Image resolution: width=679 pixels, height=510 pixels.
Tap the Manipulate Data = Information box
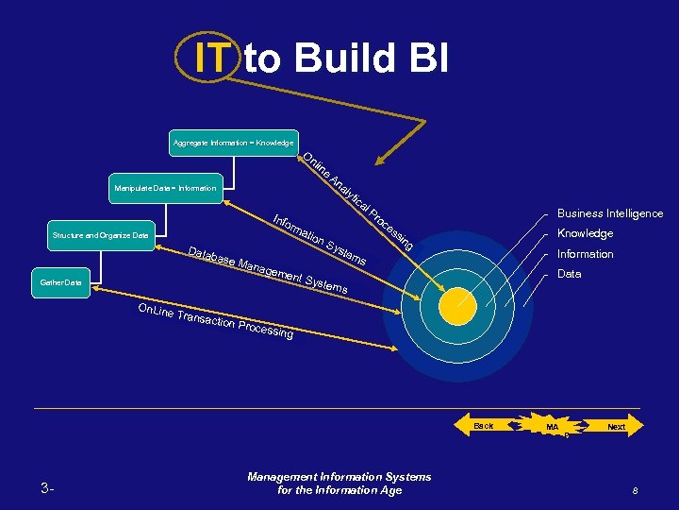(165, 188)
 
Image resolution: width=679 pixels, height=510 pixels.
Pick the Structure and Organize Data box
(101, 234)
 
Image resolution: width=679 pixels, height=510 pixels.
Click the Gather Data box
(60, 282)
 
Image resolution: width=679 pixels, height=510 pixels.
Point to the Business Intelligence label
(609, 213)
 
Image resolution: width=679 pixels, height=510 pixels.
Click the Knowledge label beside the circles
(585, 233)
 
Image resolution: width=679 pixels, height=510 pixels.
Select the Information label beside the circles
(585, 254)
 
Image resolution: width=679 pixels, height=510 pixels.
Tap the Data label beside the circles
(569, 274)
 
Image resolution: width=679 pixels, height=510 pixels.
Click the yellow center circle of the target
(462, 305)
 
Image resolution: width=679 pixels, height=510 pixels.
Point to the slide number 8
(637, 490)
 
